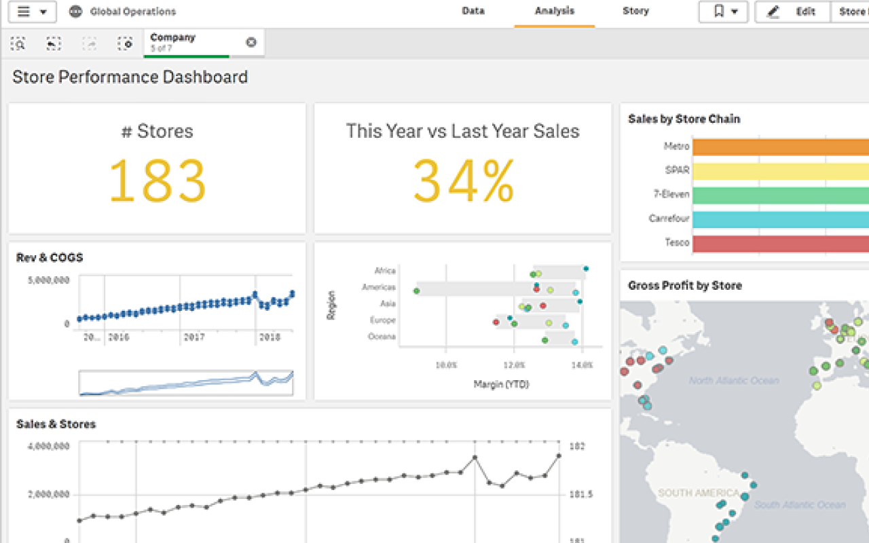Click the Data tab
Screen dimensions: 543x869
(x=473, y=11)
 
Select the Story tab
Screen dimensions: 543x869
(x=635, y=11)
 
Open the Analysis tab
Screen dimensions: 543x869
(x=554, y=11)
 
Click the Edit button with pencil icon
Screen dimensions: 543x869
(x=792, y=12)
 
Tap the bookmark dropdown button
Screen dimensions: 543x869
(x=723, y=12)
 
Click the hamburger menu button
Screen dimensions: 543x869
(x=32, y=12)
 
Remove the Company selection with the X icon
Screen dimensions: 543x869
(x=251, y=43)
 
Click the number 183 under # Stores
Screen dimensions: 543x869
(x=158, y=181)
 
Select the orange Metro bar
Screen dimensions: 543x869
(x=780, y=147)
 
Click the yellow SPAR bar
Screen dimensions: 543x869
(x=780, y=170)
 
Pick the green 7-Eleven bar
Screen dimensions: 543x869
(x=780, y=195)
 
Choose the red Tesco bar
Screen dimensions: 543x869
(x=780, y=243)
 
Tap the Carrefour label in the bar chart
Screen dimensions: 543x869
(x=669, y=219)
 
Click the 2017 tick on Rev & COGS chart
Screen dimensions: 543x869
(x=194, y=337)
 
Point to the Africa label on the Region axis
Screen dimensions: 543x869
(x=384, y=270)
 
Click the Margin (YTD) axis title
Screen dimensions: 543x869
(x=501, y=384)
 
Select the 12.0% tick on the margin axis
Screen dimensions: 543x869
(x=514, y=365)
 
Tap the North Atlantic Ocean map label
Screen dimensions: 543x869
(x=734, y=380)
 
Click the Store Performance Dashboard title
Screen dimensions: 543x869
(x=130, y=77)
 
